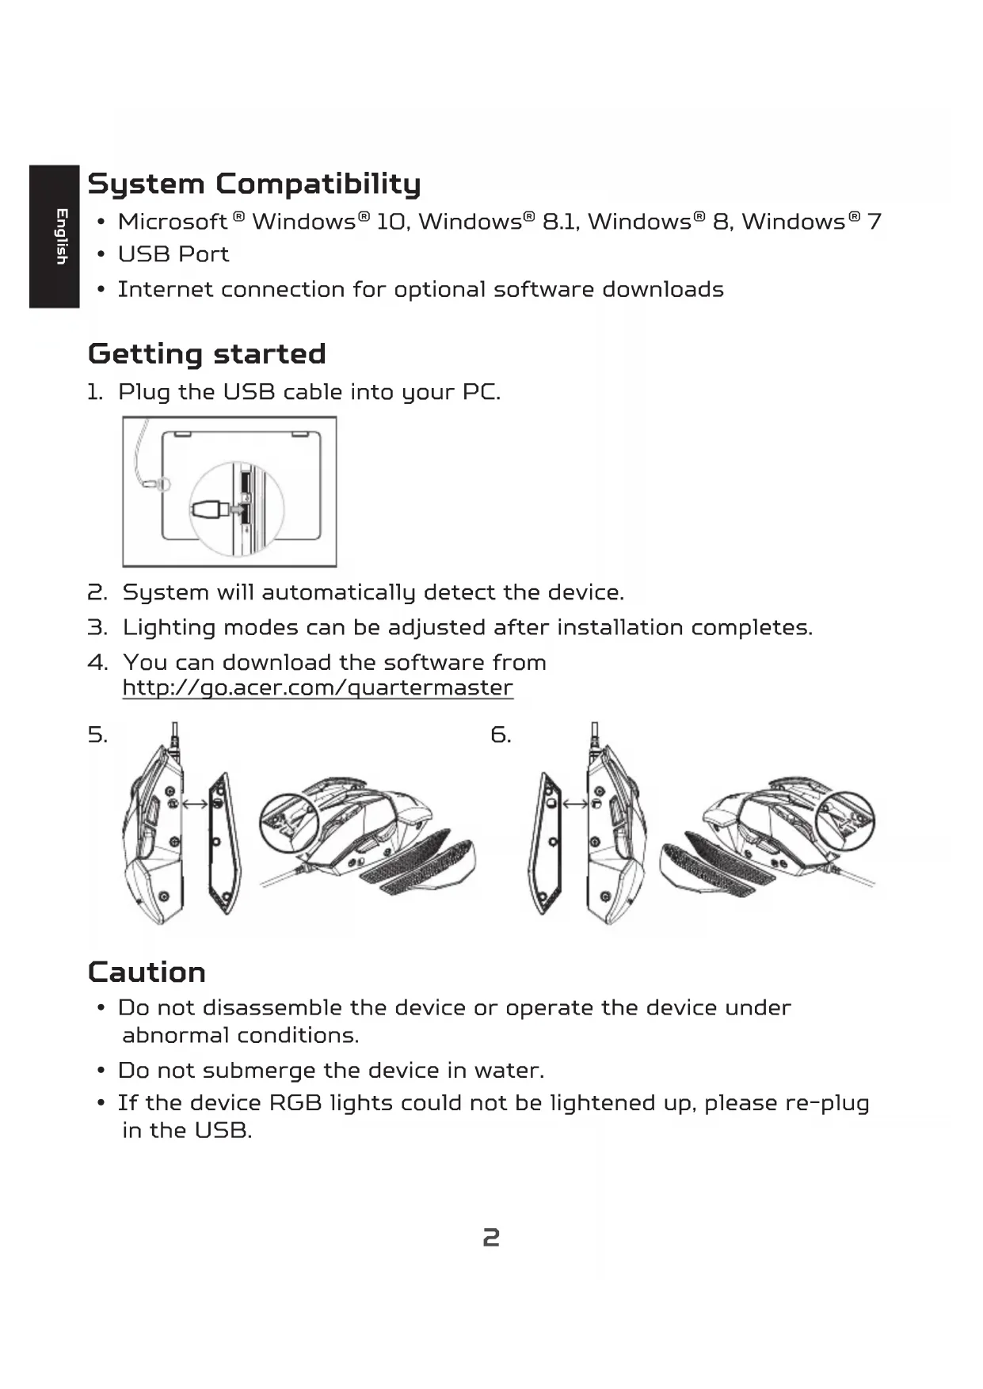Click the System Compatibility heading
tap(253, 184)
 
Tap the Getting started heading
tap(207, 354)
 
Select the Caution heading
tap(147, 972)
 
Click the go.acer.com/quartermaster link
tap(318, 687)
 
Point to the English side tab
tap(55, 236)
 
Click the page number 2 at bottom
tap(491, 1238)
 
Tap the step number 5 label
tap(97, 735)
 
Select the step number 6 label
tap(501, 735)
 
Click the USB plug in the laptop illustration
tap(208, 510)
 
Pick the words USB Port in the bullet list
tap(173, 254)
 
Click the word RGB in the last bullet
tap(295, 1103)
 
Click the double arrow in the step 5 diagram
tap(195, 804)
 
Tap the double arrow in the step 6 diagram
tap(576, 804)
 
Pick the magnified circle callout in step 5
tap(288, 821)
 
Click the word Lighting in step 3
tap(169, 628)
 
